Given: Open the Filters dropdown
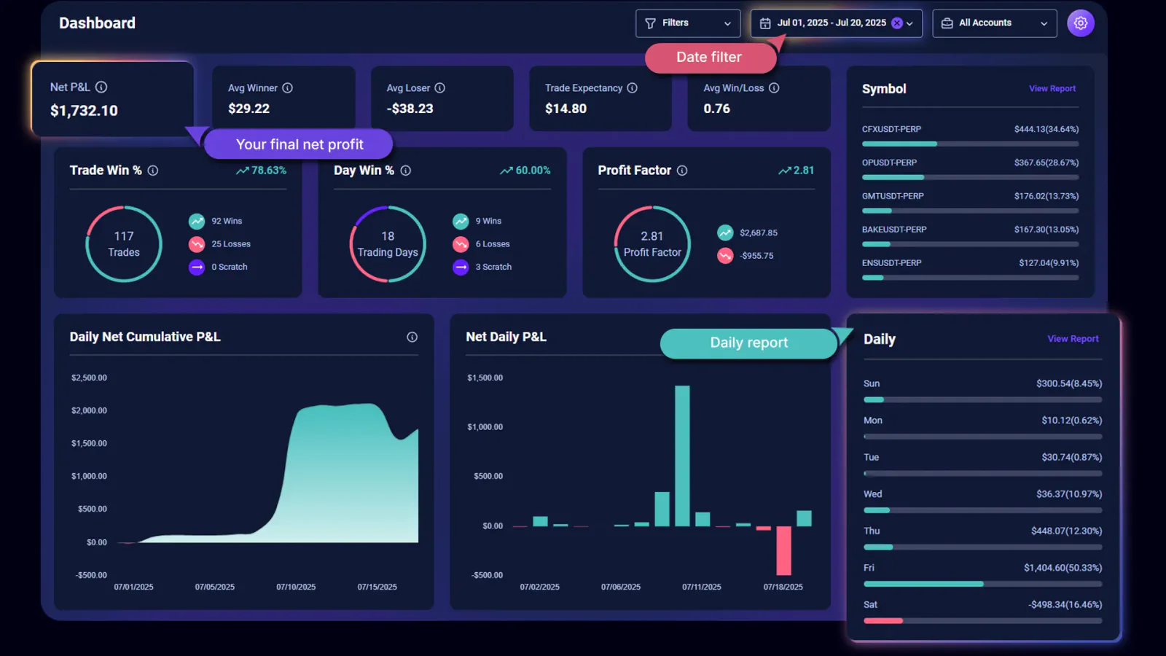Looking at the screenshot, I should [x=687, y=23].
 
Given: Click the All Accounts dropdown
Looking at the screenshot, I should [x=994, y=23].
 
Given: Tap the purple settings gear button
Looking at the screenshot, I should [x=1080, y=23].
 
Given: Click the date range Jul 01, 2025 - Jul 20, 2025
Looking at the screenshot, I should [x=831, y=23].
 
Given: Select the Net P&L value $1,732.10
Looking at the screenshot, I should [x=84, y=111].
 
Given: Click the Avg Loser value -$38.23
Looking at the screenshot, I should [x=410, y=109].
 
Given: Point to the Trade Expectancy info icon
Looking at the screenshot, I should [x=632, y=88].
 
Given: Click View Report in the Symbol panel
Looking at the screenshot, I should [x=1052, y=89].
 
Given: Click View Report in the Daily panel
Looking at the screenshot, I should [x=1072, y=339].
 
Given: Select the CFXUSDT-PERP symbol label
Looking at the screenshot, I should [x=891, y=129].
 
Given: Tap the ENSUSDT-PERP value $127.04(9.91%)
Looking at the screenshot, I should [x=1048, y=263].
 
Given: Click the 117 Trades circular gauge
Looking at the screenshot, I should [x=124, y=244].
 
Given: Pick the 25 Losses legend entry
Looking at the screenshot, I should [x=230, y=244].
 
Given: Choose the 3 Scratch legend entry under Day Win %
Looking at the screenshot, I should [x=493, y=267].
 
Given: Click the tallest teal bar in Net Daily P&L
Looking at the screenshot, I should [x=682, y=456].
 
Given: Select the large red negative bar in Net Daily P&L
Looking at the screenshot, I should [x=783, y=550].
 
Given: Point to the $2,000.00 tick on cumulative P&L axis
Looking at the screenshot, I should [x=89, y=410].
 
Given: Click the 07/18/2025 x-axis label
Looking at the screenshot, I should [x=783, y=587].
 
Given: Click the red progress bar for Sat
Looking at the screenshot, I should [x=883, y=621].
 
